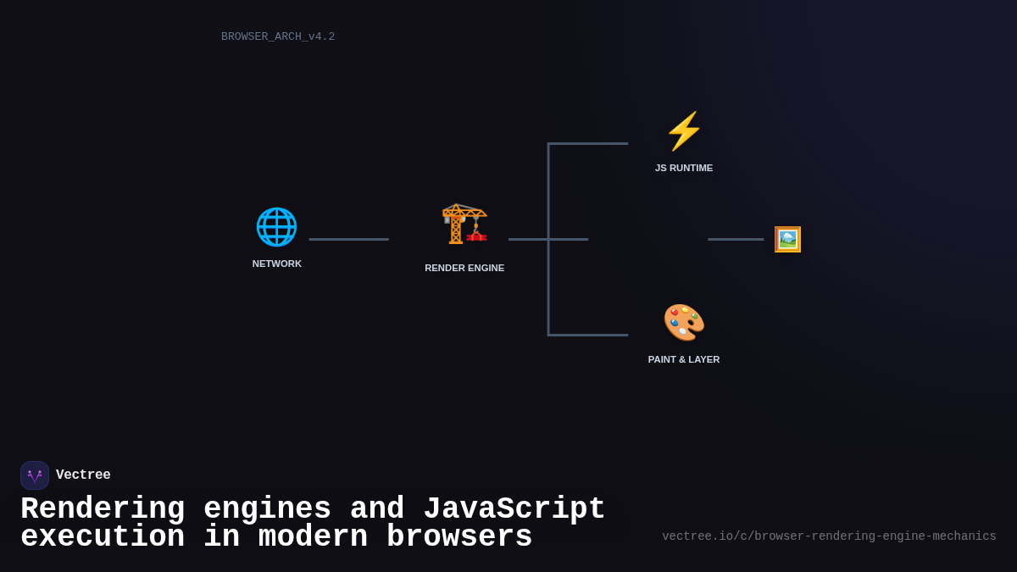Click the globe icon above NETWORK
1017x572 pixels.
click(x=276, y=227)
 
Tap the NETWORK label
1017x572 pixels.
click(x=277, y=264)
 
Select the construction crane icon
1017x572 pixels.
click(x=464, y=224)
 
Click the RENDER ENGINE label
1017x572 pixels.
click(x=464, y=268)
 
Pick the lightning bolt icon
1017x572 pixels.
click(x=684, y=131)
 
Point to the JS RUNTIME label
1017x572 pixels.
click(x=684, y=168)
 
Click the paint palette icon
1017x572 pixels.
click(x=684, y=323)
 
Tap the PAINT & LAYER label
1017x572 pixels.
click(x=684, y=359)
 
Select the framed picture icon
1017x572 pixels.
click(x=787, y=239)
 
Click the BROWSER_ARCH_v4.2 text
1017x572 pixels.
click(x=278, y=36)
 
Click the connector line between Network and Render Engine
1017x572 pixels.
click(x=349, y=239)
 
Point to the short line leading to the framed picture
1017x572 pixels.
click(x=736, y=239)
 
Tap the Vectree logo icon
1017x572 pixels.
click(x=35, y=475)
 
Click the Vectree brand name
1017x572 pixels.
click(x=83, y=475)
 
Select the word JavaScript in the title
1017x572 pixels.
click(x=514, y=509)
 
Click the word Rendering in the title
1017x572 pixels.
click(x=103, y=509)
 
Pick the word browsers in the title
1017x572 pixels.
click(x=459, y=537)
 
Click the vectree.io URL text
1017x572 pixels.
click(x=829, y=536)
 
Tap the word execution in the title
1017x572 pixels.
click(x=103, y=537)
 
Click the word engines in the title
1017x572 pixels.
click(x=267, y=509)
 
